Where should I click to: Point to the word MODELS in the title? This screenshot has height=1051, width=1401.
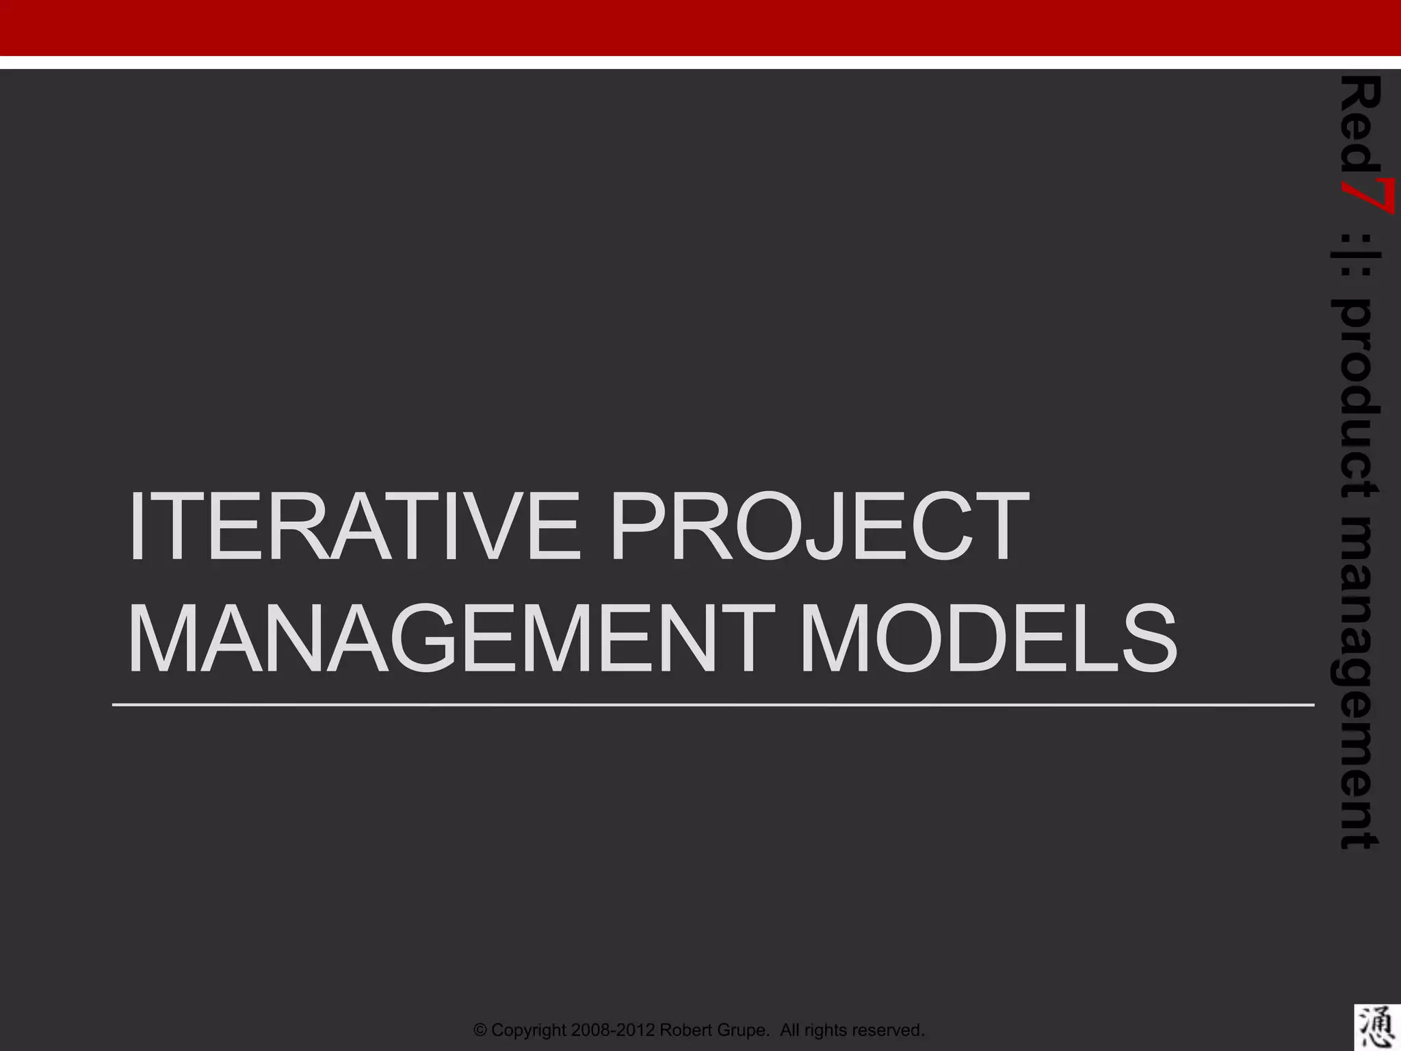tap(988, 639)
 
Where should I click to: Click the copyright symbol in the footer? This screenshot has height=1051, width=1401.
tap(481, 1030)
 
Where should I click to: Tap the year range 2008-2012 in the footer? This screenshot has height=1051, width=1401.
tap(613, 1030)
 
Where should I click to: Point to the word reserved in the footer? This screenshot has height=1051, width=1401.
tap(889, 1030)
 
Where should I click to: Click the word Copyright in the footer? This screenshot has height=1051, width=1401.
tap(529, 1030)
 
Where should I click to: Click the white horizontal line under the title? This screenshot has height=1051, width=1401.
tap(711, 704)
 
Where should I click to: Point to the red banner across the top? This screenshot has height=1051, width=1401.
tap(700, 27)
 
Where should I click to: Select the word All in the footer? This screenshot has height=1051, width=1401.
tap(791, 1030)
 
